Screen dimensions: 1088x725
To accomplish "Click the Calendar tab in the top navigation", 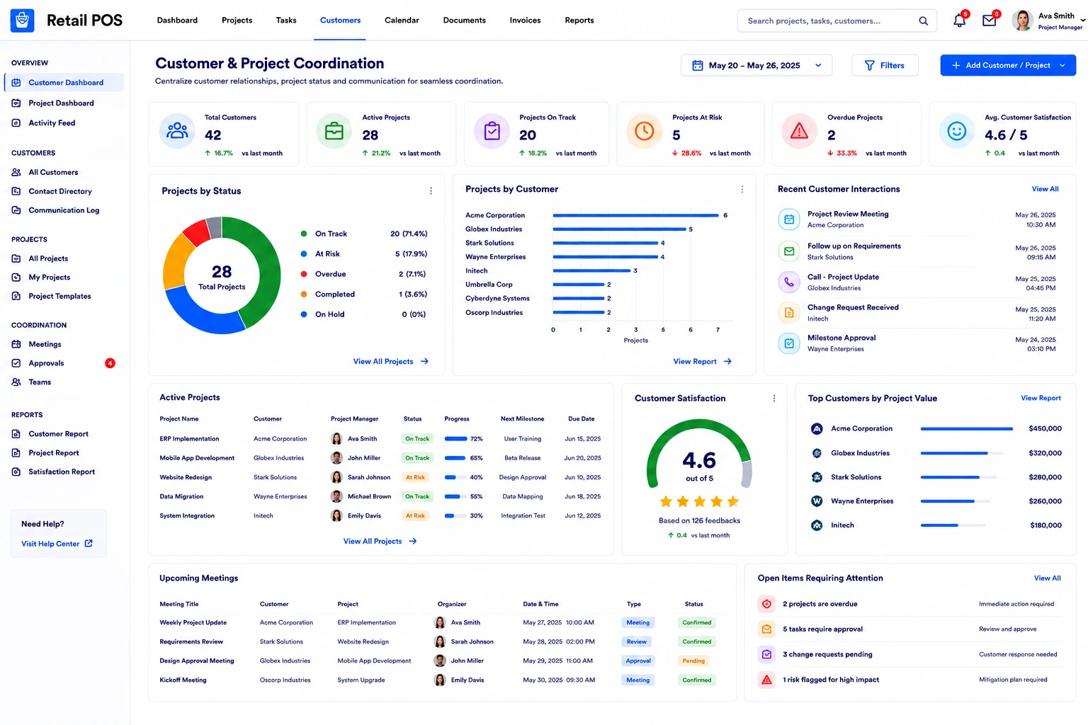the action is (401, 21).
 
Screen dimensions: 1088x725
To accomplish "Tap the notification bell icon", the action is (959, 21).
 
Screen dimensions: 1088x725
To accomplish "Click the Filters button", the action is (885, 65).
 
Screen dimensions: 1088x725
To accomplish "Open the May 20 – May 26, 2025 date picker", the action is (756, 65).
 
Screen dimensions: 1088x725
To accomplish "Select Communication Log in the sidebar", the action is (64, 210).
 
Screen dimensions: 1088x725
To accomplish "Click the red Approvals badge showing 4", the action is (110, 363).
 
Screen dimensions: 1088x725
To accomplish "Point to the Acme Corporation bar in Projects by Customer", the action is (635, 215).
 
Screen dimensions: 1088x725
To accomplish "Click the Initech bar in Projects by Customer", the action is (591, 270).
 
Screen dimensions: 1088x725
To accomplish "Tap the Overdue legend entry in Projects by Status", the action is (330, 274).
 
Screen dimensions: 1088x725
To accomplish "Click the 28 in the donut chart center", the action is (222, 271).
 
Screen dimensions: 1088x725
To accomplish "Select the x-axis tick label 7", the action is (718, 330).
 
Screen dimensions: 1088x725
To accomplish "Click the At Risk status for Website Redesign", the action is (415, 477).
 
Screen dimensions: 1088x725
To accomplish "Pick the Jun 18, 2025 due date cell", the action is (582, 496).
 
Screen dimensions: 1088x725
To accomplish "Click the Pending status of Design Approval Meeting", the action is (693, 661).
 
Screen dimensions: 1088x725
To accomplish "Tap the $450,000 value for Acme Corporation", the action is (1045, 428).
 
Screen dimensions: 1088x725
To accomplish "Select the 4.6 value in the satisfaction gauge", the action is (699, 460).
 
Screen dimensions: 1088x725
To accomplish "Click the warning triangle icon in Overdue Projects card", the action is (799, 131).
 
